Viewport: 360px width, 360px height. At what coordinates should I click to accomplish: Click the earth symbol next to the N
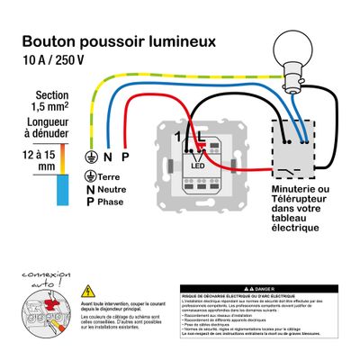[89, 155]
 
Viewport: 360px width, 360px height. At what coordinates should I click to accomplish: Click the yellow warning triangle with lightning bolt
[88, 292]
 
